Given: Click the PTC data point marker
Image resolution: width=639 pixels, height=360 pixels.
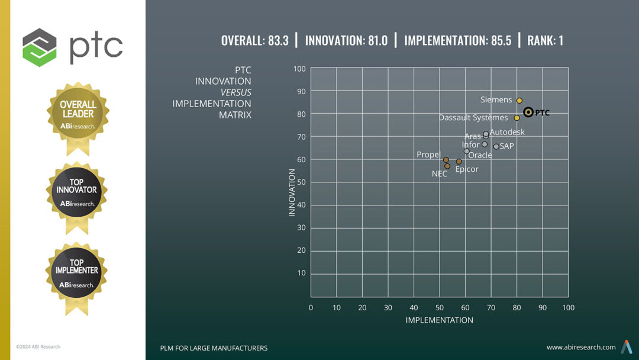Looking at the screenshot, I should (528, 112).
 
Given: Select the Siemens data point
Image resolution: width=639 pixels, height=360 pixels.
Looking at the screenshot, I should (519, 101).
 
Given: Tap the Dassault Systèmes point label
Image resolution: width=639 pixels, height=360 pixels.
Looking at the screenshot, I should (473, 118).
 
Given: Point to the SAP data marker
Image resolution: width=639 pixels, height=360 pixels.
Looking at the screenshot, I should (496, 146).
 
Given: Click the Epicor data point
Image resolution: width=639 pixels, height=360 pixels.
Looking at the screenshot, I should (459, 162).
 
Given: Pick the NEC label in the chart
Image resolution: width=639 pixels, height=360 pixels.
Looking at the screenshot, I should (439, 174).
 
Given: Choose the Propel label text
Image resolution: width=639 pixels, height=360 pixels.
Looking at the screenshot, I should (428, 155).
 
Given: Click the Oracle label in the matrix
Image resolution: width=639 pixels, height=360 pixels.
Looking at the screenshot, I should (480, 155).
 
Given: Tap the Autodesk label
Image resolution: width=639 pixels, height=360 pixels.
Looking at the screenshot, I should (507, 132).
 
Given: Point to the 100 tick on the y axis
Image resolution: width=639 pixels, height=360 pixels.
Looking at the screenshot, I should (299, 69).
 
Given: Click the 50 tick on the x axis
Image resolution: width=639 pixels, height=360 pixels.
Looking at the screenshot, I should (440, 307).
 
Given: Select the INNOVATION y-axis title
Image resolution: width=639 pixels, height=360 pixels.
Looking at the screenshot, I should (292, 192).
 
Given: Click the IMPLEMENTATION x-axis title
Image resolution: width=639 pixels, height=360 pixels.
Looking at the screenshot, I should (439, 320).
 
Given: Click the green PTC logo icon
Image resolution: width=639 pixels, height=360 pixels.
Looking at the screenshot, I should (40, 47).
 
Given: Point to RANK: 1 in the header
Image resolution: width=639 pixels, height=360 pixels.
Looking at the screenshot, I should (545, 41).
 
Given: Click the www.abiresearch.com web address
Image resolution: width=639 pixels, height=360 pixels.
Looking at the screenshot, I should (580, 348).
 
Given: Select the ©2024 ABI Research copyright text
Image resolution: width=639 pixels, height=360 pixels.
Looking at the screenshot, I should (38, 346).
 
